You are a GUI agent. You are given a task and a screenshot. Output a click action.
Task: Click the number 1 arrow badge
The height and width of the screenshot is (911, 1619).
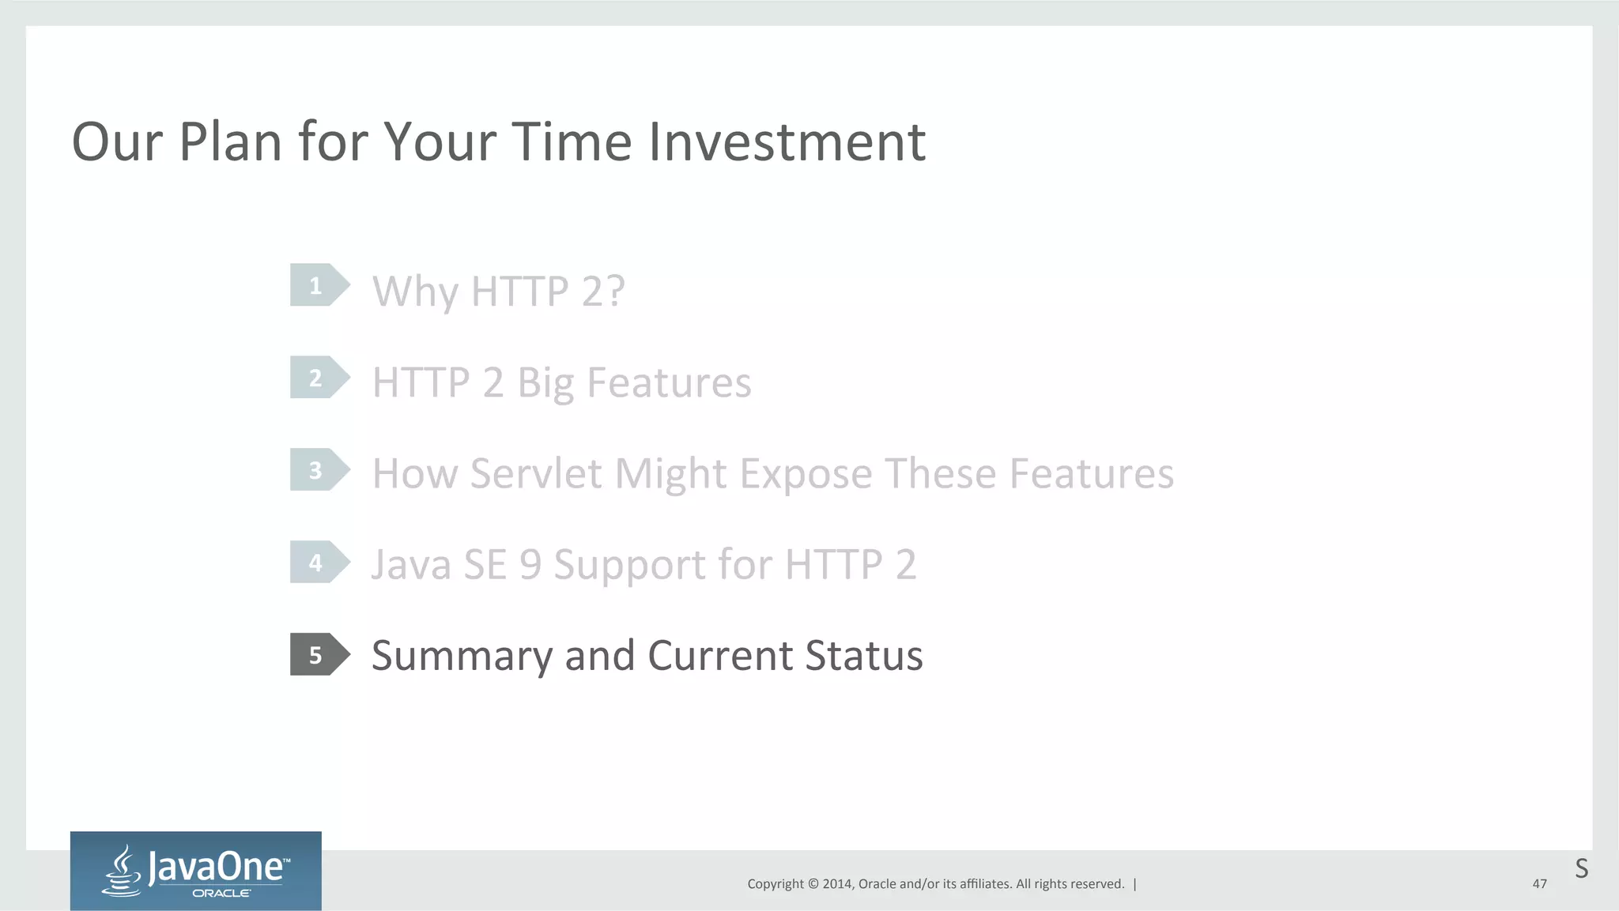coord(319,285)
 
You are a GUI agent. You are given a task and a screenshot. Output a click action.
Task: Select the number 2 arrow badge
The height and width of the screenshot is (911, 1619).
coord(319,378)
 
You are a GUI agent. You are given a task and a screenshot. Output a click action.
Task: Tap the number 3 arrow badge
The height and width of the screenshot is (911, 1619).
coord(319,470)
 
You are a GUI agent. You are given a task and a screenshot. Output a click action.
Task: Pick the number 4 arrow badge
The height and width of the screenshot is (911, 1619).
coord(319,563)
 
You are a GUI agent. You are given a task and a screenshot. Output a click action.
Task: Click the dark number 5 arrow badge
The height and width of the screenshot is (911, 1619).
coord(319,655)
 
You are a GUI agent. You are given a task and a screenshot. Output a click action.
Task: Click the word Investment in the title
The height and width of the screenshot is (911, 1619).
coord(787,142)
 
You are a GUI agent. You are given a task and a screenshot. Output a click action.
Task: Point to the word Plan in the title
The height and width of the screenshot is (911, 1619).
coord(230,142)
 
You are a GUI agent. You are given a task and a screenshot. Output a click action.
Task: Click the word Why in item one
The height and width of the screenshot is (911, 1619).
coord(415,292)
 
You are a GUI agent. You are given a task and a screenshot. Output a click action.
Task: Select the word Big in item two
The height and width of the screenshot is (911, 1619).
coord(545,384)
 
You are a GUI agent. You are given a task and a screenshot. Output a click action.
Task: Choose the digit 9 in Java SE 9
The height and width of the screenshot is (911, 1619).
coord(530,565)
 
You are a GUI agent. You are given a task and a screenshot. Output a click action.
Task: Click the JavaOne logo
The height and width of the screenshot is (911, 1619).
coord(196,871)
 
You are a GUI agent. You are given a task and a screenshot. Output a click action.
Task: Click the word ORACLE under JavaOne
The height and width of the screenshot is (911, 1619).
coord(221,894)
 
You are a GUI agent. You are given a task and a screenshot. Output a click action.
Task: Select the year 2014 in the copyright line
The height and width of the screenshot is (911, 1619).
coord(837,884)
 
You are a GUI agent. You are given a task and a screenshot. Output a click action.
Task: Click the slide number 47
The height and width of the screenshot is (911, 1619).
coord(1539,884)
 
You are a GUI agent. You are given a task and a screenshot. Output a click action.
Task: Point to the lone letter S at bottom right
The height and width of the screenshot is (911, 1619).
coord(1581,869)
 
